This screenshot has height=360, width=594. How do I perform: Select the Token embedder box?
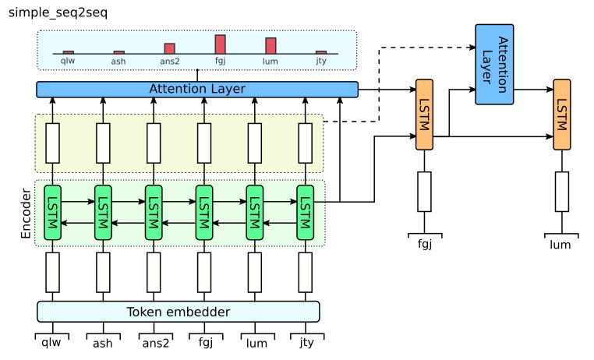(179, 312)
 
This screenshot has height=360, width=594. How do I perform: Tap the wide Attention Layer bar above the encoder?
(197, 90)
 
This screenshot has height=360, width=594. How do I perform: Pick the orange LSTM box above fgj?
(425, 115)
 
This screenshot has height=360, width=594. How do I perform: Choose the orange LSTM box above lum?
(563, 115)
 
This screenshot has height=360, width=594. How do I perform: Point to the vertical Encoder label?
(23, 213)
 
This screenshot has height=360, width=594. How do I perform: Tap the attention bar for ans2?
(170, 48)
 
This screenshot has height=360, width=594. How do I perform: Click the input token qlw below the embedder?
(52, 341)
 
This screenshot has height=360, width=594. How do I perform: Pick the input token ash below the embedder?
(103, 341)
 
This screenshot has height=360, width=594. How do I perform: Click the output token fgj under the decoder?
(425, 245)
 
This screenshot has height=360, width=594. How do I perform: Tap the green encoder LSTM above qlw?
(53, 212)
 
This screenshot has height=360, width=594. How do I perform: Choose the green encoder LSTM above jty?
(305, 212)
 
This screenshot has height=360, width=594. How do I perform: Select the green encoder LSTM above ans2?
(154, 212)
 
